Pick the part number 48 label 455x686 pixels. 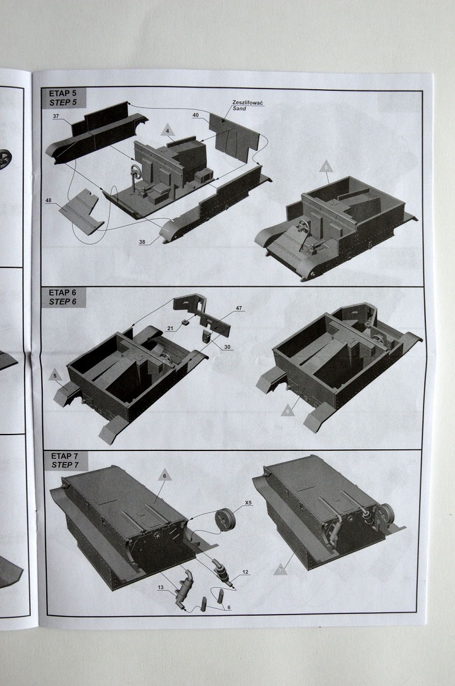click(49, 201)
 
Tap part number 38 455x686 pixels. click(142, 242)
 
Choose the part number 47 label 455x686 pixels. click(239, 308)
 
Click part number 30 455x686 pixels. click(227, 346)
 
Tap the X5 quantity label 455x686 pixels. click(248, 502)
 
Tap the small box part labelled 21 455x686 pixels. click(184, 323)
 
